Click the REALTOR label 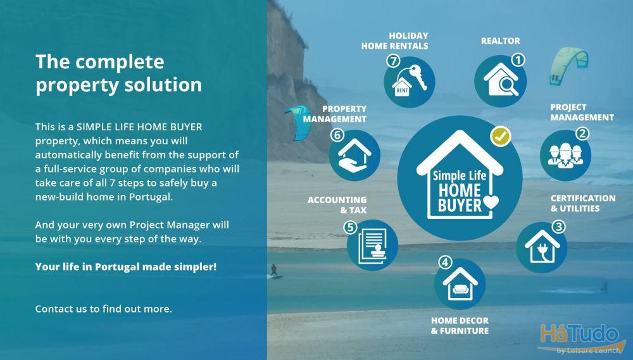[500, 40]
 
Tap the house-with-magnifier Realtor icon [501, 80]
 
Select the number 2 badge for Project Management [582, 133]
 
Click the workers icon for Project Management [565, 156]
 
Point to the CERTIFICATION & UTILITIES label [583, 203]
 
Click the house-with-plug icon [542, 246]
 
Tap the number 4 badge [445, 263]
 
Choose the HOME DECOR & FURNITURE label [460, 326]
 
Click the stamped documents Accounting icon [372, 245]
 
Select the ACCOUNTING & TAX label [337, 205]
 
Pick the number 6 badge [337, 135]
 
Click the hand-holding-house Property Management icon [354, 156]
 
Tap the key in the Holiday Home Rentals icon [416, 77]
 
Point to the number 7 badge [393, 61]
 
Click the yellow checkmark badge [501, 137]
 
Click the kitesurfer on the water [274, 271]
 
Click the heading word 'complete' [120, 63]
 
